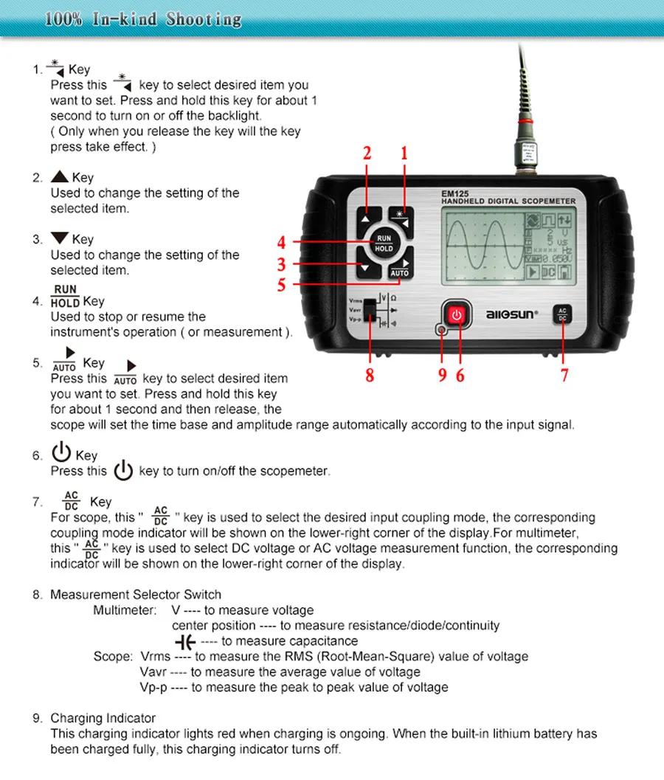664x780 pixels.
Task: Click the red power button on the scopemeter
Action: point(457,316)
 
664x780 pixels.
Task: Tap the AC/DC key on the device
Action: point(562,314)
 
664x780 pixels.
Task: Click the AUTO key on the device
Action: point(399,269)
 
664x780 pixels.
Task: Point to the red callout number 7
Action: point(564,375)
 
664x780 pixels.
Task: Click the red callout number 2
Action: point(367,153)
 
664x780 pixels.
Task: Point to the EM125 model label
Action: point(451,194)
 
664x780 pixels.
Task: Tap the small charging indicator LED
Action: point(441,331)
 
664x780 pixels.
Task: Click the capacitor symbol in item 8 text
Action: point(184,641)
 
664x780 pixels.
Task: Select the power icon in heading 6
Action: point(61,452)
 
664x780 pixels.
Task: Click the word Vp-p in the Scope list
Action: point(153,687)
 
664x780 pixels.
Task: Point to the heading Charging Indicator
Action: point(103,718)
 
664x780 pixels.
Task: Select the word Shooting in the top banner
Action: point(204,18)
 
